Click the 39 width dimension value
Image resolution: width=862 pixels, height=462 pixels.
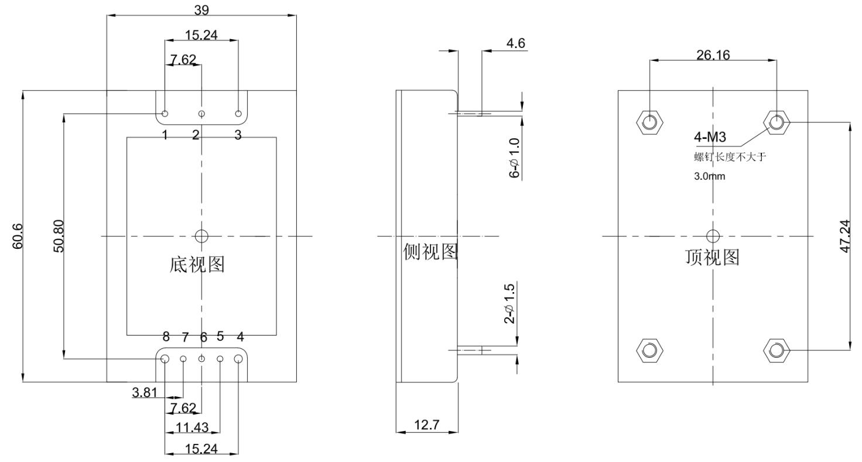[201, 9]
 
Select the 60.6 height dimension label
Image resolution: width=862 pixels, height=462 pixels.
[18, 235]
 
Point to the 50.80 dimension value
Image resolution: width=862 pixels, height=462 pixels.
[59, 235]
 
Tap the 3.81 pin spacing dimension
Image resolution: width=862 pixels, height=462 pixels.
[144, 393]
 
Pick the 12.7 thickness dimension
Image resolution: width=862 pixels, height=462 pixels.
[427, 425]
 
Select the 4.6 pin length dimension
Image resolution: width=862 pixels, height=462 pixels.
[516, 43]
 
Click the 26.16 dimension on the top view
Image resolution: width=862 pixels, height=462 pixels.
[713, 54]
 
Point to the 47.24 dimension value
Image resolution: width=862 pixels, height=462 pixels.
[845, 236]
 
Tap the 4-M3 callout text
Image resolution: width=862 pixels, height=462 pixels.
[710, 138]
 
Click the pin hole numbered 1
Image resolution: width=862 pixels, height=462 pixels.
[165, 114]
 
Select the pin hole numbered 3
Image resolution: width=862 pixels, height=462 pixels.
[238, 114]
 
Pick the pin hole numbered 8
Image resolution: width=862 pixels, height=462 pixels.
[165, 358]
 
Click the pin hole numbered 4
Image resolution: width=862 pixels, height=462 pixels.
[238, 358]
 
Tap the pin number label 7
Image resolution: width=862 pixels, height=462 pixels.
[185, 337]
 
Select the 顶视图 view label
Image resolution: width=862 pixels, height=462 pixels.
[712, 257]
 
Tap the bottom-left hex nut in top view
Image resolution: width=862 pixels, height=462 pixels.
[649, 350]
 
